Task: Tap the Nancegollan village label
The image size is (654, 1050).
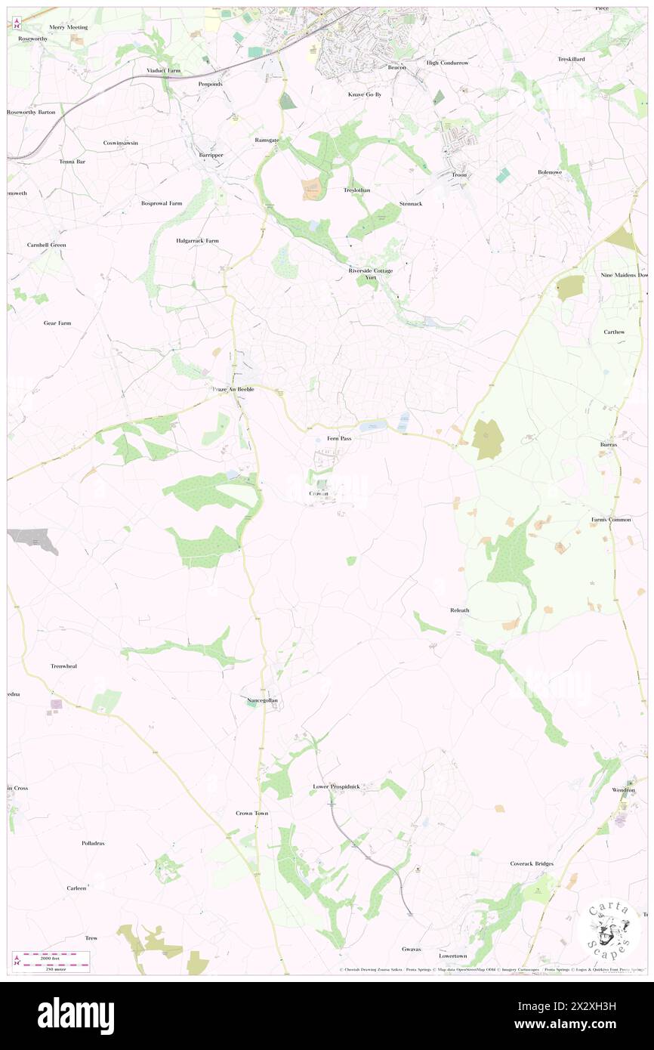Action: (x=263, y=700)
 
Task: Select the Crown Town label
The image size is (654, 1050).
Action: (x=251, y=813)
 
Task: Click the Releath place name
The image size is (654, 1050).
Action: (x=459, y=610)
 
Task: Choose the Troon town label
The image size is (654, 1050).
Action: (x=459, y=174)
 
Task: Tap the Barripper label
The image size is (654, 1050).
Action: (x=211, y=154)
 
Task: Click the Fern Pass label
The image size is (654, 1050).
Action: (x=339, y=438)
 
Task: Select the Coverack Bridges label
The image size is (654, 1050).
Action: (x=532, y=863)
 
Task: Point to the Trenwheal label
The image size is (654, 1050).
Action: (x=64, y=666)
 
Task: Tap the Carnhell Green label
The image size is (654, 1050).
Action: (x=47, y=245)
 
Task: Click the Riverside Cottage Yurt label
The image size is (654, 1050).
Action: (x=370, y=273)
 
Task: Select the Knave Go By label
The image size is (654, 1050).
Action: (x=365, y=94)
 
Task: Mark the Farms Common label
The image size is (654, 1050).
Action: (x=610, y=520)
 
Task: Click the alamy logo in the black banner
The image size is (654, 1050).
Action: (x=76, y=1016)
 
